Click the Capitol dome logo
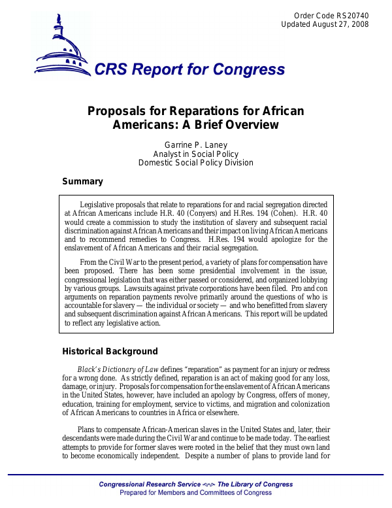63,45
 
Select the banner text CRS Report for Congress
189,70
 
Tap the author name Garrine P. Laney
195,144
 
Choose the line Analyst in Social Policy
195,154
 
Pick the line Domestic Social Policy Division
195,163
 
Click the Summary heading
82,181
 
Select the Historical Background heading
110,351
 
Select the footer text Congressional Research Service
150,484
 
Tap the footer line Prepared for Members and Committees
196,492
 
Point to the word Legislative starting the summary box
99,205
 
